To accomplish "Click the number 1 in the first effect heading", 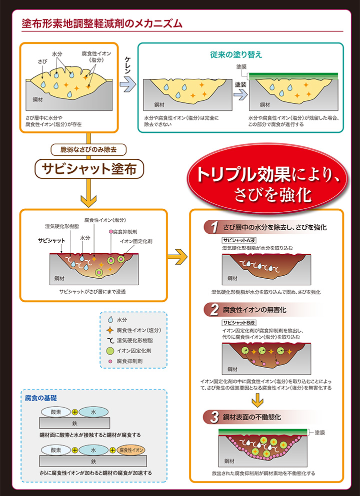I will tap(214, 228).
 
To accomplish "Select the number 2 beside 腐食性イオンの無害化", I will tap(214, 310).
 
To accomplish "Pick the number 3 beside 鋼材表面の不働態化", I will tap(214, 417).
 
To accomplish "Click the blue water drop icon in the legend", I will tap(110, 319).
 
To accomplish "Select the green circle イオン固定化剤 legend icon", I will tap(110, 351).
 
